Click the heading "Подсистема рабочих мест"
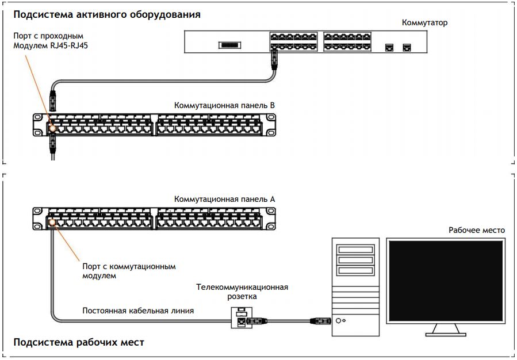[x=79, y=342]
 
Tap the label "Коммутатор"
[x=424, y=23]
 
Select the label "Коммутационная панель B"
[x=225, y=106]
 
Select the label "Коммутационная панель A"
[x=225, y=199]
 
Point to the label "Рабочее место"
[x=476, y=230]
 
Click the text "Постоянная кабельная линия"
[x=138, y=311]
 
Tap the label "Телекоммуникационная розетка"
[x=242, y=292]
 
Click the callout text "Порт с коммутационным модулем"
[x=129, y=271]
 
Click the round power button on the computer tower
[x=340, y=320]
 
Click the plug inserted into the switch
[x=275, y=58]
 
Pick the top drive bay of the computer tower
[x=355, y=250]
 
